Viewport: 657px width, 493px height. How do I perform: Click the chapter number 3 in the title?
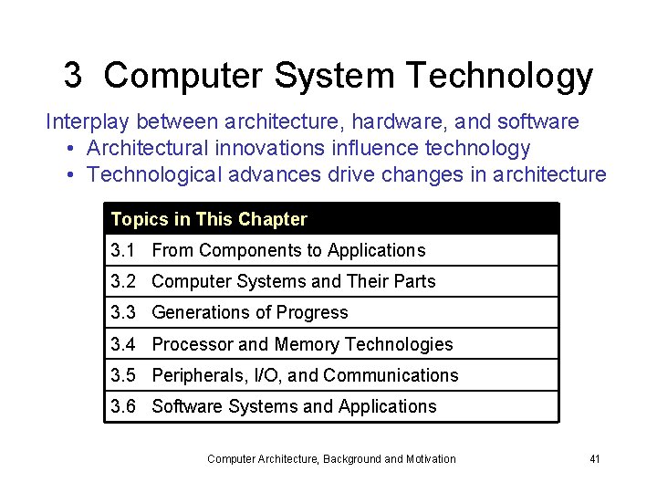point(73,76)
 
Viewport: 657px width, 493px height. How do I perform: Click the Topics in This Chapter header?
point(209,219)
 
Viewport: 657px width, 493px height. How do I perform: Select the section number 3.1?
point(123,250)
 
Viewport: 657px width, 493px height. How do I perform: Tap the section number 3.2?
point(123,281)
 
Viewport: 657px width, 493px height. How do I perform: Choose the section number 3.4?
point(123,344)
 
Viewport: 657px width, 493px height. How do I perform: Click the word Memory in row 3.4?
point(306,344)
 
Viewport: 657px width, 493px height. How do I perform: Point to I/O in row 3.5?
point(267,375)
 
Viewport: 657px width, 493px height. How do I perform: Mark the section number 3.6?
point(123,406)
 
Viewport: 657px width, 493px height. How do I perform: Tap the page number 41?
point(594,458)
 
